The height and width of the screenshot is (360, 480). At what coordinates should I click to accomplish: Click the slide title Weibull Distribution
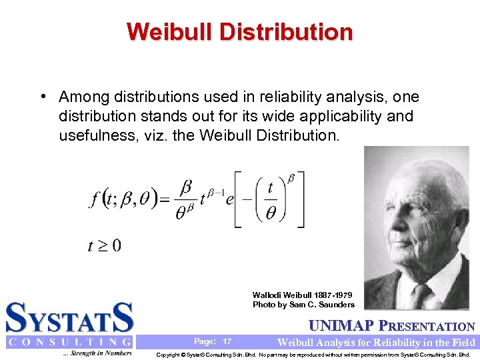pos(239,31)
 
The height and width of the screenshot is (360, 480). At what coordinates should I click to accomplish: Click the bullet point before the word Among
pos(43,97)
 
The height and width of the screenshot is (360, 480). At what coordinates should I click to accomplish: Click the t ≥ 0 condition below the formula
pos(104,245)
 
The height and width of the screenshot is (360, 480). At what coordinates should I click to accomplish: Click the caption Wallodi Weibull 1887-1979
pos(302,295)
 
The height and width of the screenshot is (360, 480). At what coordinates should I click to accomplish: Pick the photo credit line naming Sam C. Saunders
pos(303,305)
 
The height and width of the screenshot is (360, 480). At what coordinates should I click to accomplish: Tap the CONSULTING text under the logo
pos(69,342)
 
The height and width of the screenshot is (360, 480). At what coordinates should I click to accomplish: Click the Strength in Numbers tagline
pos(97,353)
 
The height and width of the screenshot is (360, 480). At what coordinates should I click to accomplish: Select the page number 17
pos(227,341)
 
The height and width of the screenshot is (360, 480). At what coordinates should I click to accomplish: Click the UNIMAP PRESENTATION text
pos(393,327)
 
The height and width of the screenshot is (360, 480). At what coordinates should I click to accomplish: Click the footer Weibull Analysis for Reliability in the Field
pos(376,343)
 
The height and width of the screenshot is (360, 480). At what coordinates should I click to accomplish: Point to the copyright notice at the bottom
pos(313,355)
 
